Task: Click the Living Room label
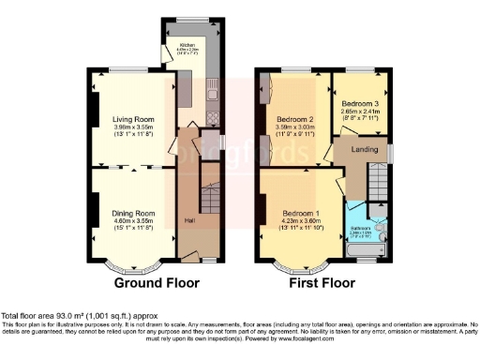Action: point(133,119)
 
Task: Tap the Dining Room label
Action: point(133,213)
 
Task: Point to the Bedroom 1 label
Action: point(300,213)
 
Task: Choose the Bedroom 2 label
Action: point(294,119)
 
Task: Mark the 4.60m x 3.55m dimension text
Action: point(133,220)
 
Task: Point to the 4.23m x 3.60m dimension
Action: point(300,220)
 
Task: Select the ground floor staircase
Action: point(209,202)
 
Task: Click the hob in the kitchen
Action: point(212,118)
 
